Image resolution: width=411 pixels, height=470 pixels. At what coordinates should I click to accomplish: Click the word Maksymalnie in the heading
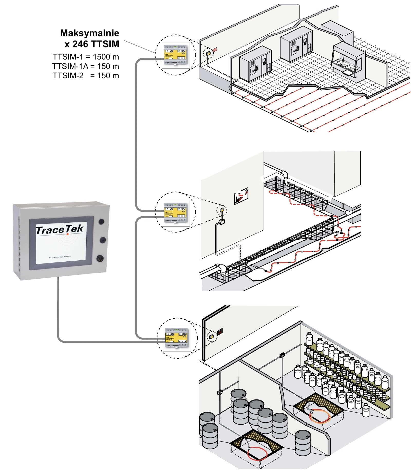tap(89, 33)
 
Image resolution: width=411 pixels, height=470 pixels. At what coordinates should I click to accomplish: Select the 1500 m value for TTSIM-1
tap(106, 57)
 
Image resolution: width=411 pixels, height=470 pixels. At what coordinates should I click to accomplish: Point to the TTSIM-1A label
tap(70, 66)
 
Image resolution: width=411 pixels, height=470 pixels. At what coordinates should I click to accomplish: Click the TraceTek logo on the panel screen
tap(60, 229)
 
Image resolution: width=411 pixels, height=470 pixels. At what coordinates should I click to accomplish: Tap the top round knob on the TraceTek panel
tap(101, 221)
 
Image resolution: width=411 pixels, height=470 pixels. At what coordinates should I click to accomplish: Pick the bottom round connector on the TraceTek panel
tap(100, 258)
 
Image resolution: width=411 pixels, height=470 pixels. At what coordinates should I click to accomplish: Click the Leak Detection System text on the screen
tap(60, 257)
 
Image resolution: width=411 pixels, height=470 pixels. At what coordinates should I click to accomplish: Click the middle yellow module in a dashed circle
tap(175, 212)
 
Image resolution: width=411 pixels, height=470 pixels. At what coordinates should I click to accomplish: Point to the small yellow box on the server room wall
tap(208, 53)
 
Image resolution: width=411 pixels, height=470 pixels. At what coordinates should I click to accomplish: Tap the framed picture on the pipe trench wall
tap(241, 196)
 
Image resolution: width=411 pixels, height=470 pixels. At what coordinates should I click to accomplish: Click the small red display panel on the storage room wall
tap(220, 332)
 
